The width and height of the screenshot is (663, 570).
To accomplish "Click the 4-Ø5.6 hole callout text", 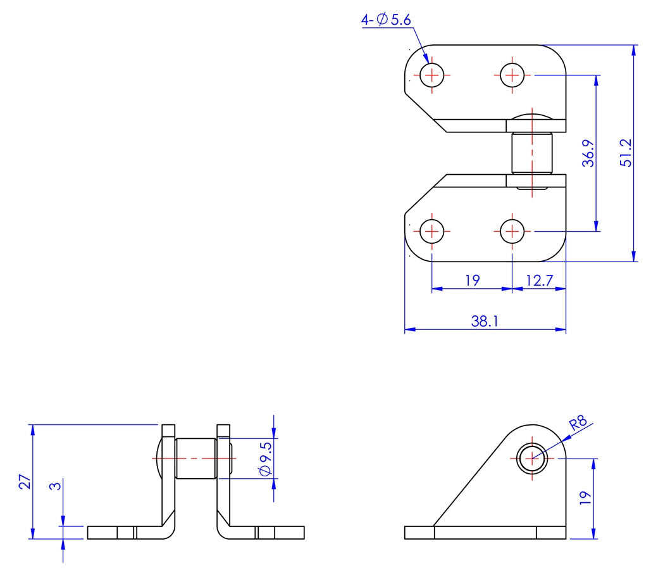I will coord(386,20).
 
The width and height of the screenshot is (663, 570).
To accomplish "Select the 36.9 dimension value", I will coord(588,153).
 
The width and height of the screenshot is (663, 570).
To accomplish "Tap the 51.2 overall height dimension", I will coord(626,153).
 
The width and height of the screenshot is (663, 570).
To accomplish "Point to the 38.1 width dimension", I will coord(485,322).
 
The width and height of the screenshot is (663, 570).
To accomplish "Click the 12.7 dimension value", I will coord(538,280).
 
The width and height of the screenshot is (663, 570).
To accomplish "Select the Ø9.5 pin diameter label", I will coord(265,459).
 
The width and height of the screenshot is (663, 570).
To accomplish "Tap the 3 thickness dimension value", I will coord(56,487).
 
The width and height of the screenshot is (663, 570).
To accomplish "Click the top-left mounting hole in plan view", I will coord(432,75).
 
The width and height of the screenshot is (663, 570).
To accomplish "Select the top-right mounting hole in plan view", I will coord(511,75).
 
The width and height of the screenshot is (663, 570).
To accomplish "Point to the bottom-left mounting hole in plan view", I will coord(432,231).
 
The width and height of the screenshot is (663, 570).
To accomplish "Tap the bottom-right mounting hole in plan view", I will coord(511,231).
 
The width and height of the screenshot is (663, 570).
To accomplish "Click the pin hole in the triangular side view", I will coord(532,458).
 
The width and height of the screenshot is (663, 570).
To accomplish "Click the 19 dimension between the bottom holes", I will coord(472,280).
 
